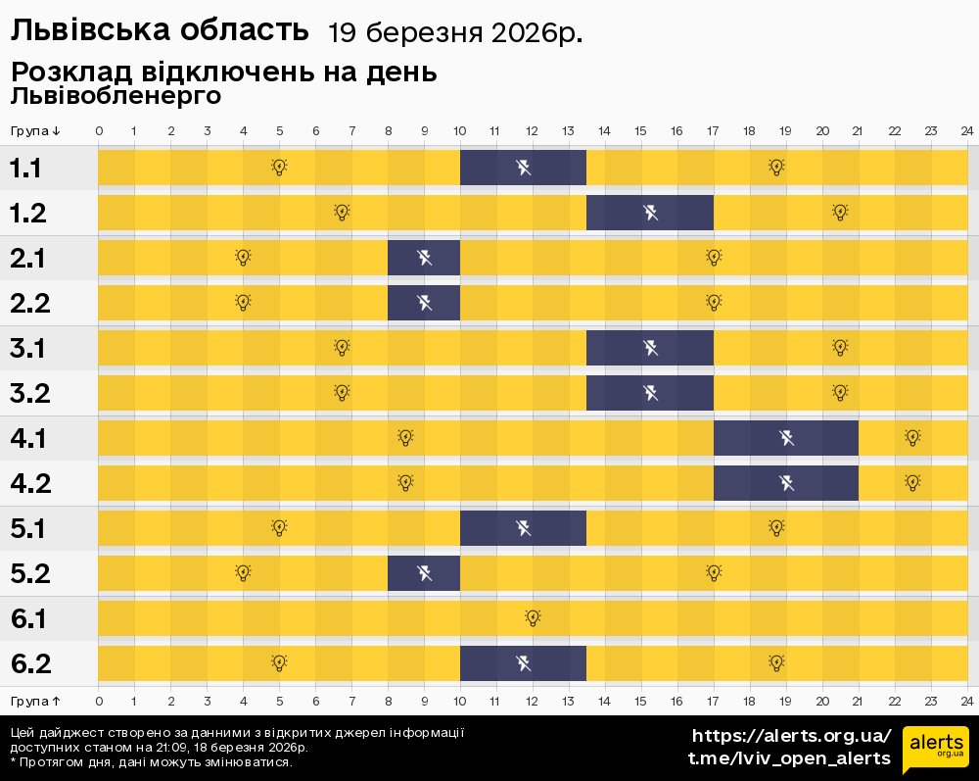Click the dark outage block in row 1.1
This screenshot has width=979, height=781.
(523, 168)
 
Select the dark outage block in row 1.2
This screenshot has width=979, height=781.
(649, 213)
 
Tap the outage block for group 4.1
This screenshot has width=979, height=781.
(785, 438)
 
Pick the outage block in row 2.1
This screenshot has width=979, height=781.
(424, 258)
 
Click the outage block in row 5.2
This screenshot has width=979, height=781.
(424, 573)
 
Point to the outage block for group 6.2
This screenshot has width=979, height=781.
(523, 663)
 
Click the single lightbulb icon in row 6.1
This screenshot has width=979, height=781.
(533, 618)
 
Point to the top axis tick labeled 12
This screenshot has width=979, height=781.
(533, 131)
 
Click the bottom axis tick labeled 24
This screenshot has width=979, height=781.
(966, 701)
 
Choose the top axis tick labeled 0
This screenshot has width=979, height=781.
(99, 131)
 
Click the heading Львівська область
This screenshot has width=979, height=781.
(160, 31)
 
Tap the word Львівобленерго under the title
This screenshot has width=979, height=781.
(116, 96)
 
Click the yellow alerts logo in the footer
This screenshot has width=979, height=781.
(935, 750)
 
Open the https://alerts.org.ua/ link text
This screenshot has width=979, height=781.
(791, 736)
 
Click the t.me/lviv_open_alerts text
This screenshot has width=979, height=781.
(789, 758)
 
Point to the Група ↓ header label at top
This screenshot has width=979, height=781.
(35, 131)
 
